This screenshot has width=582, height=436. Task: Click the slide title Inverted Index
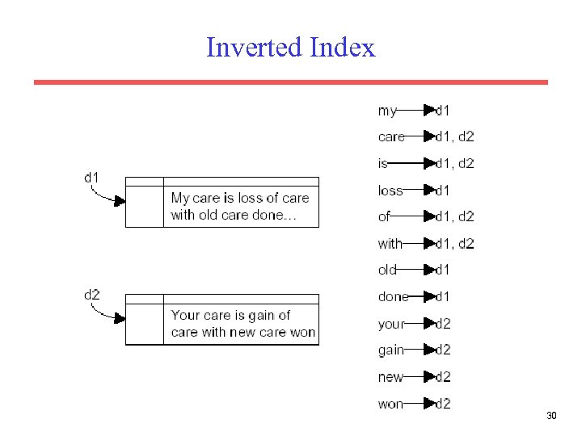pyautogui.click(x=291, y=48)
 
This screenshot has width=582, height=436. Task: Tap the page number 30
pyautogui.click(x=552, y=416)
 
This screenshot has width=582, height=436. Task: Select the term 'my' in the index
pyautogui.click(x=387, y=111)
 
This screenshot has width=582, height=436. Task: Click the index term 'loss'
pyautogui.click(x=390, y=191)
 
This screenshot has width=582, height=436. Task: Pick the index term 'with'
pyautogui.click(x=390, y=243)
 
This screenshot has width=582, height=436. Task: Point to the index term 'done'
pyautogui.click(x=393, y=296)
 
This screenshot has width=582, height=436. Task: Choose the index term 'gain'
pyautogui.click(x=390, y=350)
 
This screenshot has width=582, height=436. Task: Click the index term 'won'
pyautogui.click(x=390, y=403)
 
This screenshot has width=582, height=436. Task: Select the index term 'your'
pyautogui.click(x=390, y=324)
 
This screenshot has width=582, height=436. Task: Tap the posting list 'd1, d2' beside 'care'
pyautogui.click(x=455, y=136)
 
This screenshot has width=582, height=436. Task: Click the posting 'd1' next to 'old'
pyautogui.click(x=443, y=270)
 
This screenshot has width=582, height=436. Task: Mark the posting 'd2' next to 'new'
pyautogui.click(x=443, y=376)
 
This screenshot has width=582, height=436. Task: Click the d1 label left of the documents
pyautogui.click(x=91, y=177)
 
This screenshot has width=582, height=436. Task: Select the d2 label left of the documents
pyautogui.click(x=91, y=294)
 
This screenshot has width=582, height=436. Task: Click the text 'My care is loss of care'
pyautogui.click(x=240, y=198)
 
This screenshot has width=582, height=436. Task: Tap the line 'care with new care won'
pyautogui.click(x=243, y=332)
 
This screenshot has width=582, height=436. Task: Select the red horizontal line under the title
pyautogui.click(x=291, y=82)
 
